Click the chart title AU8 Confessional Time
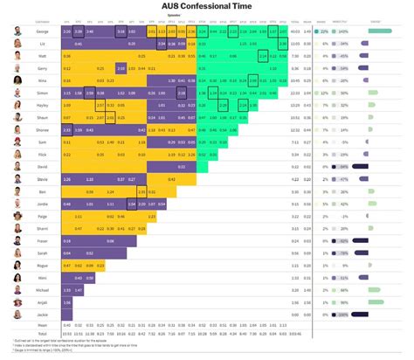click(x=208, y=7)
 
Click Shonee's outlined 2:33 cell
click(x=67, y=129)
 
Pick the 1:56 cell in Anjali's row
click(x=67, y=300)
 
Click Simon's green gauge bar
click(x=376, y=92)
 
